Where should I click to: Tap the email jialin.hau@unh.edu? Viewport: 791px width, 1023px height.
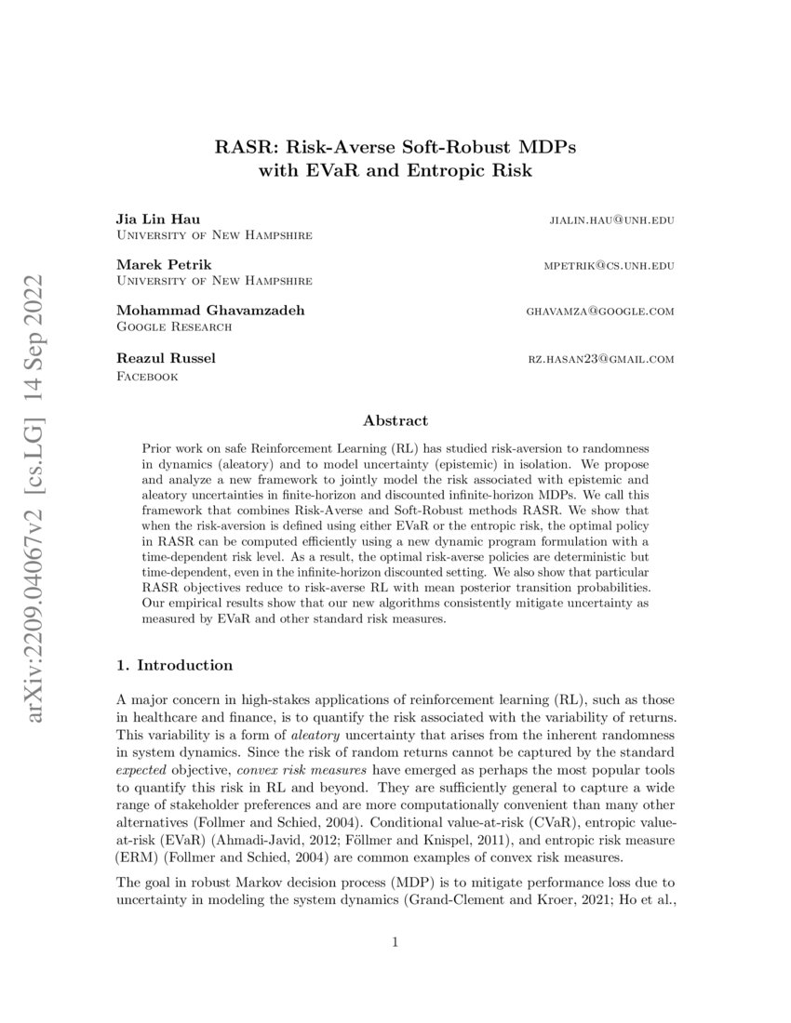612,220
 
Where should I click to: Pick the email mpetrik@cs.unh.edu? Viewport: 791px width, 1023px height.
609,265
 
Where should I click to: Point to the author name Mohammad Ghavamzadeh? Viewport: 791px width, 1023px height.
197,310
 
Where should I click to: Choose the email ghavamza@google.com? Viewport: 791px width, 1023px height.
600,311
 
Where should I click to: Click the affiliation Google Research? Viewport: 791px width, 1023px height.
174,326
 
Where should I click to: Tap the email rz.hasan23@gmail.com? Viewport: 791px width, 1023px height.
601,359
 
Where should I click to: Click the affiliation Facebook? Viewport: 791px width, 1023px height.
146,376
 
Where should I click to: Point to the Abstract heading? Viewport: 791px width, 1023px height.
395,420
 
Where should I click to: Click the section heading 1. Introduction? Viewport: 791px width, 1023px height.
173,665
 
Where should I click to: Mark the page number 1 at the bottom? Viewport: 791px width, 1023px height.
395,942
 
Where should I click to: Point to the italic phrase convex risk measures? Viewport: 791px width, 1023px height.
292,770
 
